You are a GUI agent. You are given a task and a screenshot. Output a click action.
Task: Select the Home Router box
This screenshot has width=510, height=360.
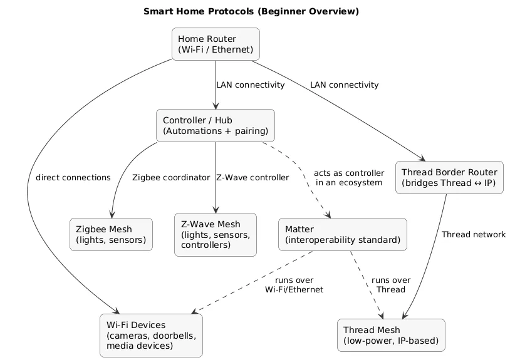pos(216,44)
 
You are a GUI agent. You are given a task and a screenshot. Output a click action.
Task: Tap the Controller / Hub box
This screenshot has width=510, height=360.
pos(216,125)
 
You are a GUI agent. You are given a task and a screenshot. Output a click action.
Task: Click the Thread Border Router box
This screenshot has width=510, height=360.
pos(449,177)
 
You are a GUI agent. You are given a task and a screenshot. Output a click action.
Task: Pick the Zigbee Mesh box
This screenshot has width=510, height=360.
pos(111,234)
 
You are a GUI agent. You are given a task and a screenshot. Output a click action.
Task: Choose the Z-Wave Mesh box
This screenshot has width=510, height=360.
pos(216,235)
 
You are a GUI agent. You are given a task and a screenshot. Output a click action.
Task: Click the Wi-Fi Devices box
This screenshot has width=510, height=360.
pos(151,335)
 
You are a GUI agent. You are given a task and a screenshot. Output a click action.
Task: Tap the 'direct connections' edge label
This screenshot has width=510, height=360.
pos(73,177)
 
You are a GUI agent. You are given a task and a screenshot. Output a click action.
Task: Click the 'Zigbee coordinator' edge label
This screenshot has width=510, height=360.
pos(171,177)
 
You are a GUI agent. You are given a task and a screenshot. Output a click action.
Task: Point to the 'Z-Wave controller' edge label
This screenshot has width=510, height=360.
pos(252,177)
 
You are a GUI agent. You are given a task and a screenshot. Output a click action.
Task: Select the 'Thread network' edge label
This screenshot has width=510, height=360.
pos(473,234)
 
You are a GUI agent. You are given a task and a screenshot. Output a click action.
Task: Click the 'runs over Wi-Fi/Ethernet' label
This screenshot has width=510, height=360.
pos(294,285)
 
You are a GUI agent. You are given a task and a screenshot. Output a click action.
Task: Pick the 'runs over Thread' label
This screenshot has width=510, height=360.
pos(391,285)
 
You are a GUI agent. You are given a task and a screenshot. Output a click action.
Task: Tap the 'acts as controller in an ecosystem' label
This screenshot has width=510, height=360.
pos(348,177)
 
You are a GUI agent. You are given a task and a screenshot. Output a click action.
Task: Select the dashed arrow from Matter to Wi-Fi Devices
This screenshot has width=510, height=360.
pos(251,283)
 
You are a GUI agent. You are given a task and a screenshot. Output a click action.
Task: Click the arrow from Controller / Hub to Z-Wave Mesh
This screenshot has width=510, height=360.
pos(216,188)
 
